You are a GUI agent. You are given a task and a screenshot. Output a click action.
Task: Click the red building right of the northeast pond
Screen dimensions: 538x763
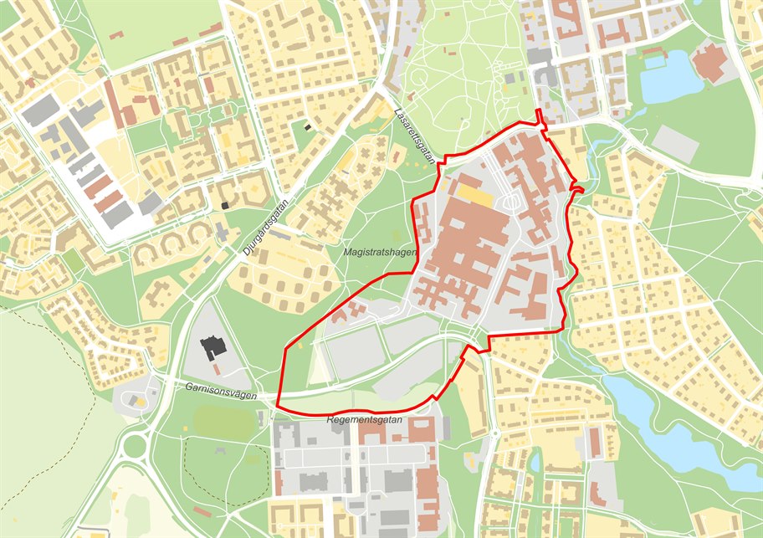pyautogui.click(x=709, y=63)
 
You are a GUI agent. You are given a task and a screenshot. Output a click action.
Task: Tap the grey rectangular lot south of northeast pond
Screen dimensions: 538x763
pyautogui.click(x=673, y=144)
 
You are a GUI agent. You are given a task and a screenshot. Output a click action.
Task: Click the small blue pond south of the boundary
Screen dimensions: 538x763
pyautogui.click(x=536, y=461)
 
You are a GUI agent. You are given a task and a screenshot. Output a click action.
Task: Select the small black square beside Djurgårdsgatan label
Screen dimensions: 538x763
pyautogui.click(x=225, y=205)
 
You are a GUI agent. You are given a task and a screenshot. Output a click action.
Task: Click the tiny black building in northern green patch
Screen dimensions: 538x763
pyautogui.click(x=308, y=127)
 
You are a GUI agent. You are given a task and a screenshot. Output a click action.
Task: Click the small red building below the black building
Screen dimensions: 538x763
pyautogui.click(x=217, y=369)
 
